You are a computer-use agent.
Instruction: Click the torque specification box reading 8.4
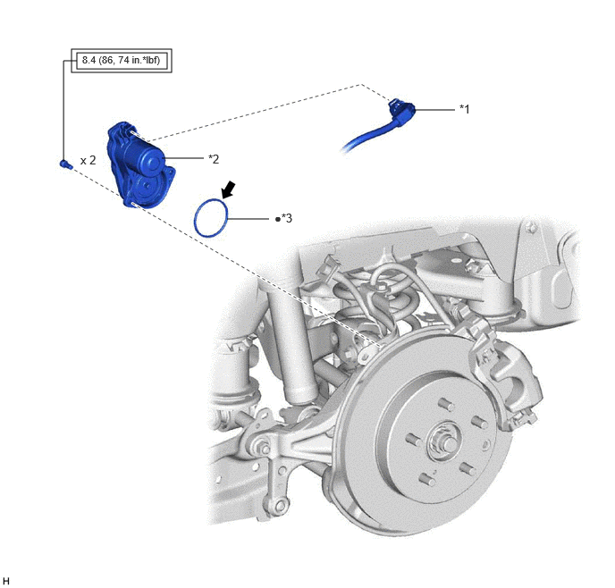pyautogui.click(x=122, y=61)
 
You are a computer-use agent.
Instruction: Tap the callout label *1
pyautogui.click(x=465, y=109)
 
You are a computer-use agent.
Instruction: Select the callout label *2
pyautogui.click(x=214, y=159)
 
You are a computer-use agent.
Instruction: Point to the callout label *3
pyautogui.click(x=287, y=218)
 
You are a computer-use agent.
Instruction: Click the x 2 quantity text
pyautogui.click(x=88, y=160)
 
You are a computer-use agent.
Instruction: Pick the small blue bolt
pyautogui.click(x=65, y=164)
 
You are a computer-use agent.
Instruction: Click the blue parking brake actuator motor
pyautogui.click(x=140, y=164)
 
